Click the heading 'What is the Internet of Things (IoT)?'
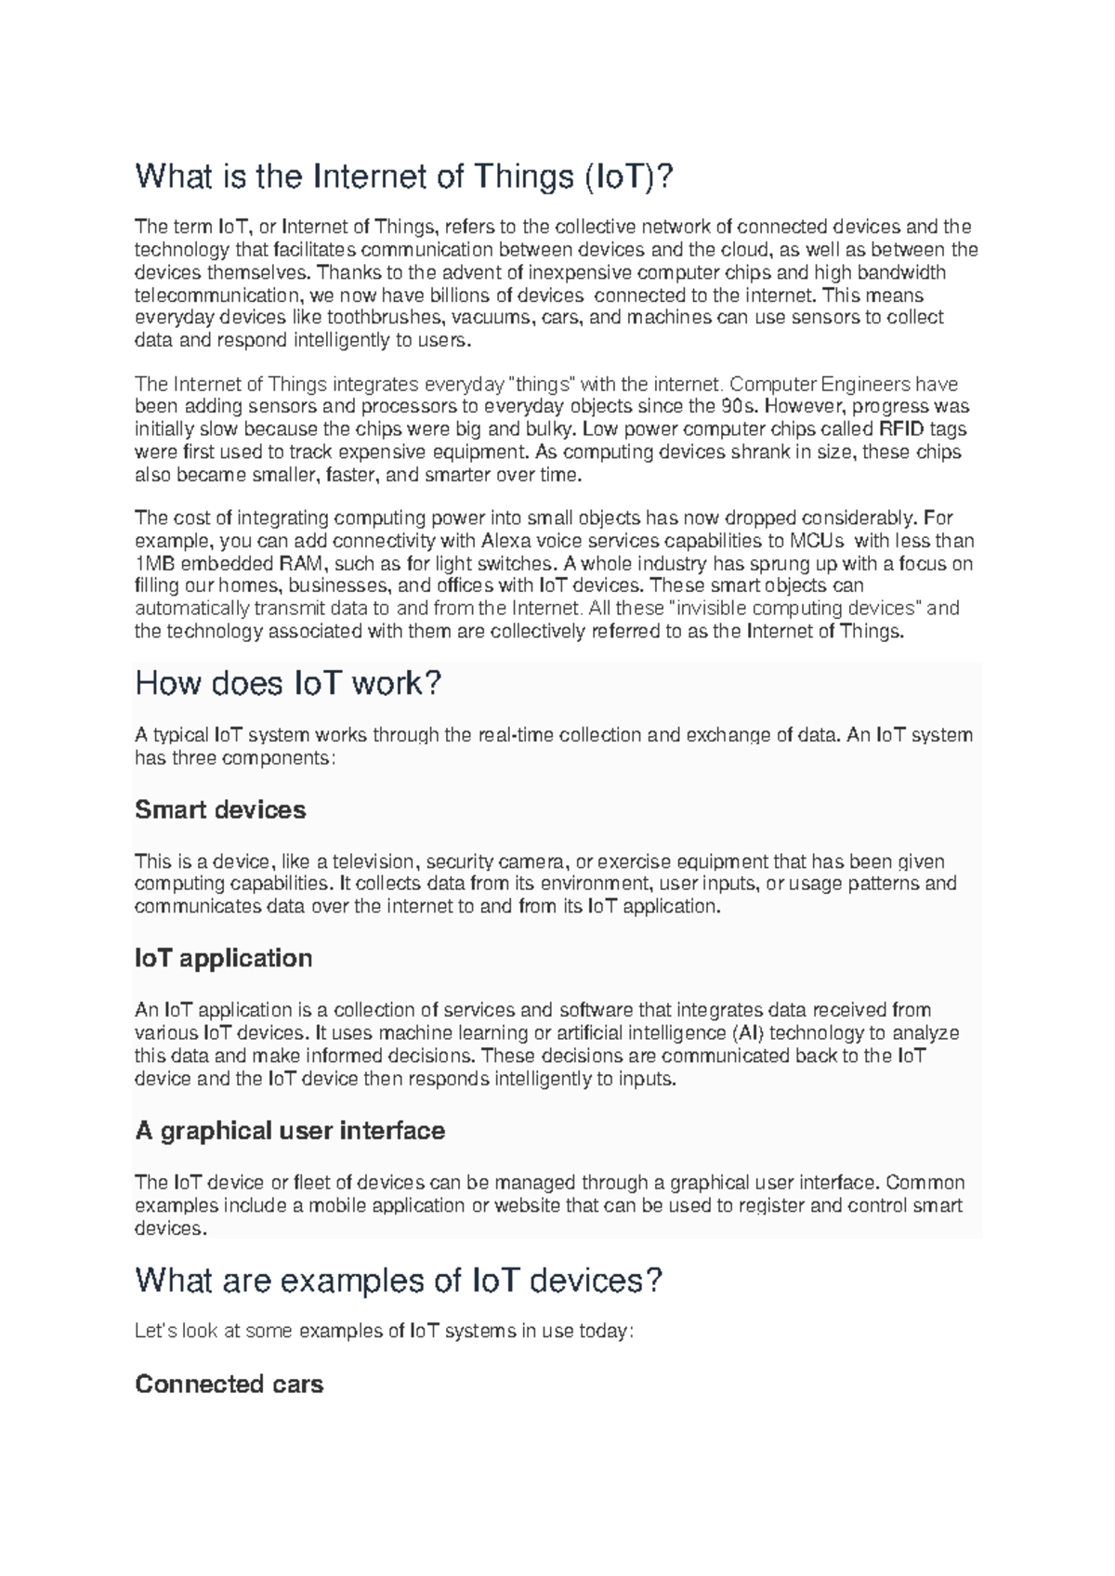click(401, 176)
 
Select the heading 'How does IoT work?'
click(288, 684)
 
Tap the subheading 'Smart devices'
click(220, 809)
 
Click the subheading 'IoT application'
click(223, 958)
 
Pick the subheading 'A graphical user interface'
click(290, 1131)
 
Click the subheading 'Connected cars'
click(229, 1385)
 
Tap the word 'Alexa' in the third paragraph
click(506, 541)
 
